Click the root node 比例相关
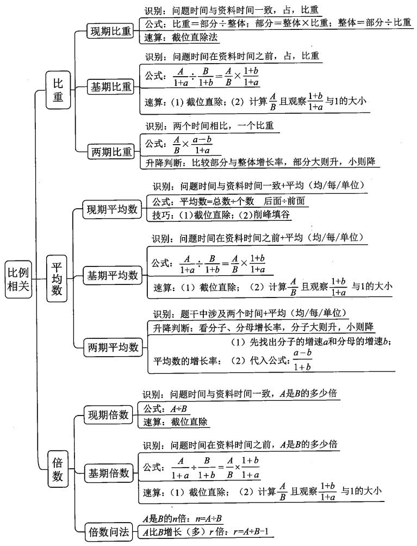pos(18,281)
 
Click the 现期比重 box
pos(111,32)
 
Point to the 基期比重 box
pos(111,86)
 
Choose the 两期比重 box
pos(111,152)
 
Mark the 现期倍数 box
pos(109,415)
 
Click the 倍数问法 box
pos(109,531)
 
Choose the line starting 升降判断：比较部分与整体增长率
pos(260,162)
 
